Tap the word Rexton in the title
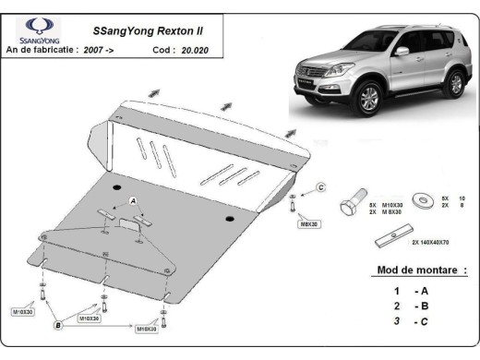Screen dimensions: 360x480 tap(168, 31)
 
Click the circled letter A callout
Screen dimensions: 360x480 tap(133, 200)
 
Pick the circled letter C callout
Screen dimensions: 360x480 tap(320, 187)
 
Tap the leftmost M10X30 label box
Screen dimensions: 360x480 tap(25, 312)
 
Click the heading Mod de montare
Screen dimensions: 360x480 tap(422, 270)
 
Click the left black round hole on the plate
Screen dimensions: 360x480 tap(117, 188)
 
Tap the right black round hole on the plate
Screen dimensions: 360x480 tap(229, 218)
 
